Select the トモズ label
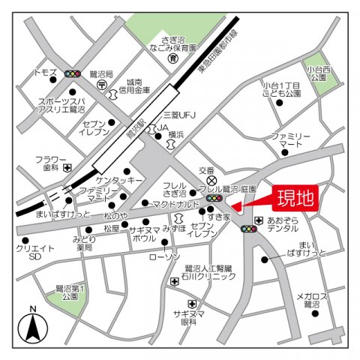pos(45,73)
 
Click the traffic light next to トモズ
pos(73,73)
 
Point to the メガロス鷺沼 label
pos(307,301)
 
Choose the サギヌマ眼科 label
pos(188,316)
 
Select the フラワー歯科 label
pos(50,163)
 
